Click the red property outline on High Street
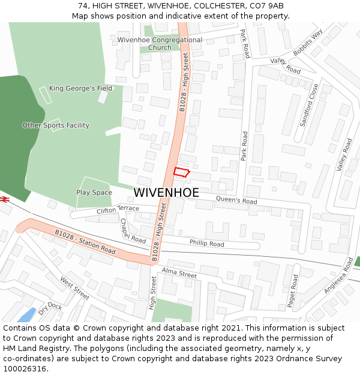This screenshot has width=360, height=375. pos(181,172)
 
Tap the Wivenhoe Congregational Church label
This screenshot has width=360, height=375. pos(160,44)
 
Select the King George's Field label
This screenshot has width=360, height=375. pos(80,88)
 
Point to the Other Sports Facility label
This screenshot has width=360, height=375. pos(56,125)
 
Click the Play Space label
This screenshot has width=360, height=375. pos(94,193)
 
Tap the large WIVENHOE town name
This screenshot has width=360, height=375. pos(166,193)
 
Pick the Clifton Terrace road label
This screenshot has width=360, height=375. pos(118,209)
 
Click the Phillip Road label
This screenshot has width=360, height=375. pos(206,244)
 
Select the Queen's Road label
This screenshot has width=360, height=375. pos(236,200)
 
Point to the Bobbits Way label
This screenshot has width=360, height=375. pos(308,41)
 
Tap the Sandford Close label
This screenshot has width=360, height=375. pos(310,105)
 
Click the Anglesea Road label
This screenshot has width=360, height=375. pos(339,276)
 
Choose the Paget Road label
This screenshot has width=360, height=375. pos(292,292)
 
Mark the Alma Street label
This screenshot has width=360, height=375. pos(179,274)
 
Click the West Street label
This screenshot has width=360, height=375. pos(74,288)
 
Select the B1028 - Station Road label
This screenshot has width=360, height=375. pos(85,242)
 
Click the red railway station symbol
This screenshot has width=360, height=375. pos(4,199)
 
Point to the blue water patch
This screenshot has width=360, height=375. pos(27,315)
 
